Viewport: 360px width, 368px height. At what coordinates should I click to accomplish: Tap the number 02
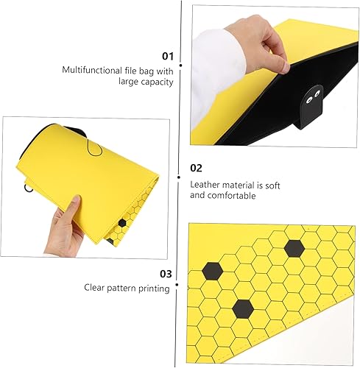click(x=196, y=168)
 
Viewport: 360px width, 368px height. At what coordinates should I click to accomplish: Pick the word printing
click(x=152, y=289)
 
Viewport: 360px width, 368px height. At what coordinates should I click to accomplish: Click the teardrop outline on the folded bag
click(x=92, y=148)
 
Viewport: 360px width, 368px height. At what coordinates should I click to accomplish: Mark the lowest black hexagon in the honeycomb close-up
click(x=243, y=308)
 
